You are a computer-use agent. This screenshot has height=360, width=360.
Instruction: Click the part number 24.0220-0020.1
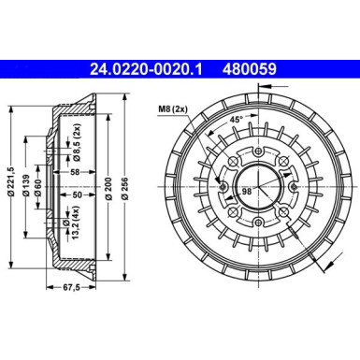pos(148,68)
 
